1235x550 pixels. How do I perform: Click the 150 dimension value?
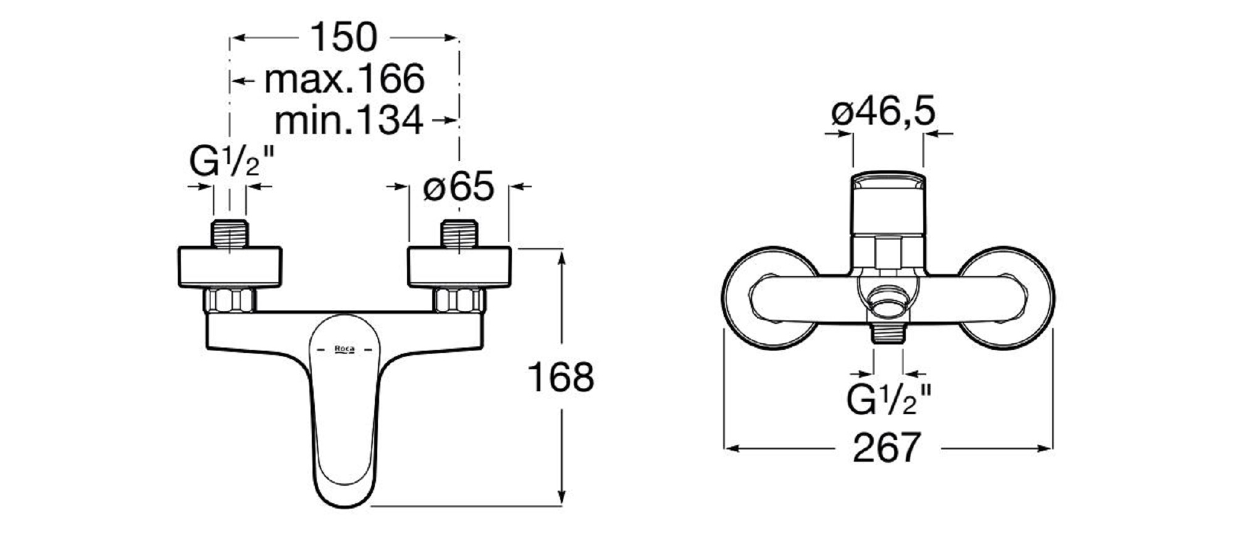coord(343,37)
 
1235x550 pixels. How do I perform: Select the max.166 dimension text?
coord(345,79)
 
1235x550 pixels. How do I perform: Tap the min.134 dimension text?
coord(349,120)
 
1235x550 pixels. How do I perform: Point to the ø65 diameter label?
coord(459,186)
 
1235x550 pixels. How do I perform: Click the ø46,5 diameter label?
coord(884,112)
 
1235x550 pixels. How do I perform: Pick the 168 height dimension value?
coord(561,377)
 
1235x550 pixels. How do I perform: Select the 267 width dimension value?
coord(887,448)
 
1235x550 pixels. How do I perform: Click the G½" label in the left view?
coord(231,162)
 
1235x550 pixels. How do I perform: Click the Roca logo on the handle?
coord(344,349)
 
